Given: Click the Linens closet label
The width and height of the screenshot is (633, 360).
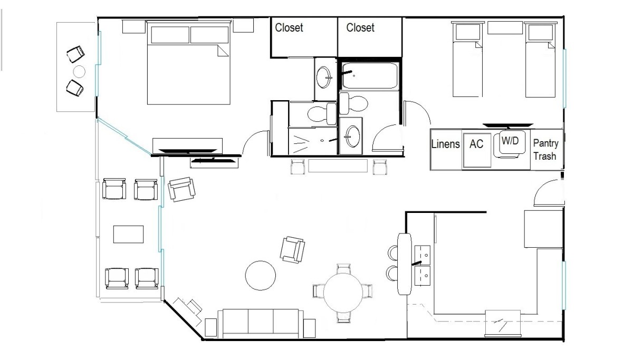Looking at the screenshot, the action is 445,144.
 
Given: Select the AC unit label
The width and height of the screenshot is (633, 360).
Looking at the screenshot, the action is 476,144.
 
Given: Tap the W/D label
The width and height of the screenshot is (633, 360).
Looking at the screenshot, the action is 510,140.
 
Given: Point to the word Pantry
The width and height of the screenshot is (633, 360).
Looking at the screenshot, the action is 545,144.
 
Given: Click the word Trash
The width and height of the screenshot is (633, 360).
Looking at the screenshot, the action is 545,156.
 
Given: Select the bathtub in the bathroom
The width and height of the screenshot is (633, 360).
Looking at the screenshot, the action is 370,75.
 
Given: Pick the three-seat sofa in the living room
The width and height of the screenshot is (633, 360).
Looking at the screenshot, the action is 260,323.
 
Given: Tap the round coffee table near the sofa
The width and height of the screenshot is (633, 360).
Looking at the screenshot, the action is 260,276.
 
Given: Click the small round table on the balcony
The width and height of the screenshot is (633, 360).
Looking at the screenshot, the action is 79,72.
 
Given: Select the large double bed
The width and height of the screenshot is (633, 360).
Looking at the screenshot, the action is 188,63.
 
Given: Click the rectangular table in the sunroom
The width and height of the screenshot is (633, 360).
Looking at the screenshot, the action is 128,234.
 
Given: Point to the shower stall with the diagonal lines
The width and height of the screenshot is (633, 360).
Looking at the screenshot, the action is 313,141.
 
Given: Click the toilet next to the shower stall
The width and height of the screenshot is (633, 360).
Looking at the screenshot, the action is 322,113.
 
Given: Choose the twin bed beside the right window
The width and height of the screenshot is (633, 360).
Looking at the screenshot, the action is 540,59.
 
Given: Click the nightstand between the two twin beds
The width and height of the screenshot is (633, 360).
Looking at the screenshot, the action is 505,27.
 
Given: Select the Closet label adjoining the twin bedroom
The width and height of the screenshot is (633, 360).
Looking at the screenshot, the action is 360,27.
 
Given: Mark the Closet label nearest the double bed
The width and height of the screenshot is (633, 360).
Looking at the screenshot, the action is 289,27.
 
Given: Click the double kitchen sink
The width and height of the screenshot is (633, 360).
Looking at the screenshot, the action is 422,266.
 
